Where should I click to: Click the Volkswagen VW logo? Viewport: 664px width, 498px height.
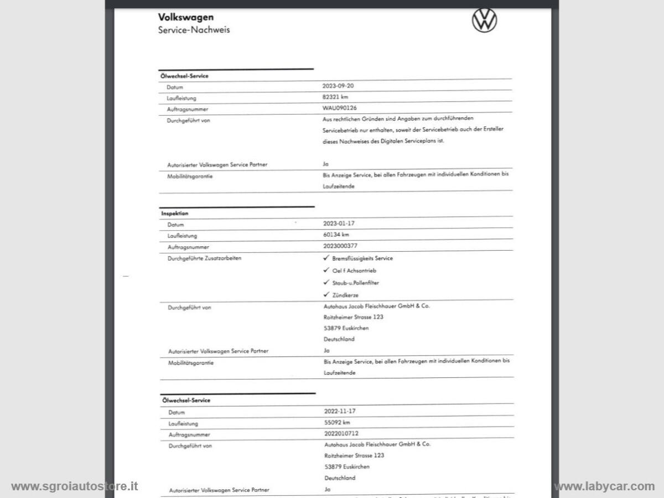coord(484,20)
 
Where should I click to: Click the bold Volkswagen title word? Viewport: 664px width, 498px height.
coord(186,18)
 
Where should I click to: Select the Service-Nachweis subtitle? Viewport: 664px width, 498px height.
coord(194,30)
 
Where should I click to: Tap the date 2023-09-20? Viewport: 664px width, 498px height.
coord(338,86)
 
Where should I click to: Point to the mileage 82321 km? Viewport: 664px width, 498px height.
coord(335,97)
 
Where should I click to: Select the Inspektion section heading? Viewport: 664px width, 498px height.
coord(175,213)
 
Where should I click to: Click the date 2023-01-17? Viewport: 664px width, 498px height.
coord(339,224)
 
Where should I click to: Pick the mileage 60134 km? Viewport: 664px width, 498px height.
coord(336,235)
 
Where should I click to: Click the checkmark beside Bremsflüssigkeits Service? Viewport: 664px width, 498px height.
coord(326,258)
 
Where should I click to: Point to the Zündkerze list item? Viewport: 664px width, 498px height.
coord(345,295)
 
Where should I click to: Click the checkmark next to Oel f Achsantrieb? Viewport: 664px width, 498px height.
coord(326,270)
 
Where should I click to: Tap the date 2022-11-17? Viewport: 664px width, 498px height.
coord(339,411)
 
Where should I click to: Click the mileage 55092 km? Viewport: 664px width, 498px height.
coord(337,422)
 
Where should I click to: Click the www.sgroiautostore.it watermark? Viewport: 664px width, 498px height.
coord(74,486)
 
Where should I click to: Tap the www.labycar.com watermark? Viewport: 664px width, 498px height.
coord(604,486)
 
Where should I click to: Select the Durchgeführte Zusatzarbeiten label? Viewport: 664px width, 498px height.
coord(204,258)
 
